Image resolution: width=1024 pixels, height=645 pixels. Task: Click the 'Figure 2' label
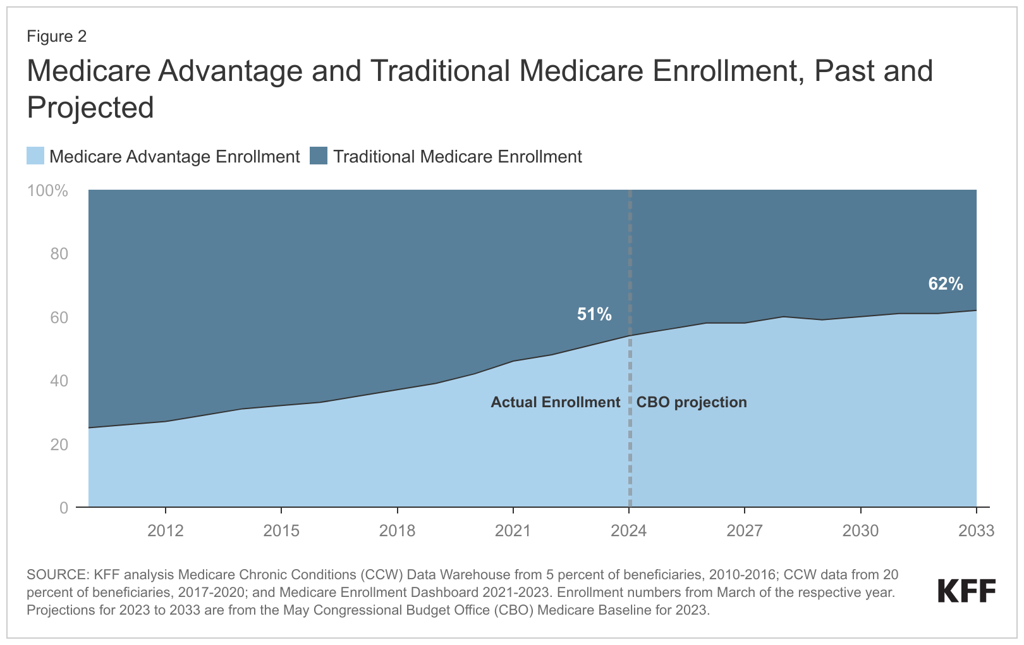[56, 37]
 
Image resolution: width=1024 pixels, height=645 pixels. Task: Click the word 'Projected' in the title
[90, 107]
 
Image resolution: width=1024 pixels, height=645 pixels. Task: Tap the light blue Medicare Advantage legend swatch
[35, 156]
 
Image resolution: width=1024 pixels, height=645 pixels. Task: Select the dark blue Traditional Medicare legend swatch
[319, 156]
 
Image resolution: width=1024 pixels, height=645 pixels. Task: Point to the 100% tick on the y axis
[47, 191]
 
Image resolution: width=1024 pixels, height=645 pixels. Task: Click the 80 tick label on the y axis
[59, 254]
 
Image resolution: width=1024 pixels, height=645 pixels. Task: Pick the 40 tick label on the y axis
[59, 381]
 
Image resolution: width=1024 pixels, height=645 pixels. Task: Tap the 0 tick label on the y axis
[64, 508]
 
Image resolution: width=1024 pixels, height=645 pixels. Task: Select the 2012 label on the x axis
[165, 531]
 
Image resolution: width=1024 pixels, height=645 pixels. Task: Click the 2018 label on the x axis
[397, 531]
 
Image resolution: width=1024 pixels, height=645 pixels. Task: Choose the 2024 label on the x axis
[629, 531]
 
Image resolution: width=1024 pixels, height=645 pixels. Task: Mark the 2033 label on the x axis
[976, 531]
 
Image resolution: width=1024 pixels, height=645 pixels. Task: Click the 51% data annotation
[594, 314]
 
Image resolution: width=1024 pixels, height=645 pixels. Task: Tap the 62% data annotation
[946, 285]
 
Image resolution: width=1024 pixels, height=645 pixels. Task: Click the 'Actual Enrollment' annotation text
[556, 402]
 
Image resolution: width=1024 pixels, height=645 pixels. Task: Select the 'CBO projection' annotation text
[692, 402]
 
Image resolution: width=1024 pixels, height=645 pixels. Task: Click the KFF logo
[966, 591]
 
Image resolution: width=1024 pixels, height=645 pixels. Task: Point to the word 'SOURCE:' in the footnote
[58, 575]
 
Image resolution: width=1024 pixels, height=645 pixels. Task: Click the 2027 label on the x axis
[745, 531]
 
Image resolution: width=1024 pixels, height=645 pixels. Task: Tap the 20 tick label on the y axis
[59, 445]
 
